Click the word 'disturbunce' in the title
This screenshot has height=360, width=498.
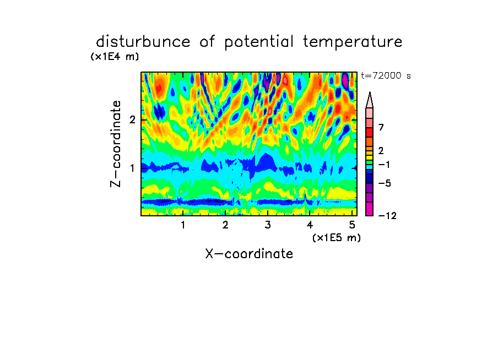point(143,42)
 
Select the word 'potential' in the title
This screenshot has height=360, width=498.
point(259,42)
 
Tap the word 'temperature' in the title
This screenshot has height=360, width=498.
point(353,42)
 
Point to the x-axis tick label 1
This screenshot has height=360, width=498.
point(183,225)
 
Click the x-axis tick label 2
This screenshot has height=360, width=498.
point(225,225)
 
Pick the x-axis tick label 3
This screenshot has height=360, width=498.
point(268,225)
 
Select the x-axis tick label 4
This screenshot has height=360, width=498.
point(310,225)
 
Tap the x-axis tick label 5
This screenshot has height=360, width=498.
point(352,225)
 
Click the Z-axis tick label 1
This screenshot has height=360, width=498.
point(132,168)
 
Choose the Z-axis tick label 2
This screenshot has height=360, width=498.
point(132,119)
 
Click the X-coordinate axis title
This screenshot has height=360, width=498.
point(249,254)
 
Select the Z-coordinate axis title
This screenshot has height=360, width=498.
point(116,144)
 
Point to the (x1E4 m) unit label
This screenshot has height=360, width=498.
point(115,57)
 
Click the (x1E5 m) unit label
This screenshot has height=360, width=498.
point(337,238)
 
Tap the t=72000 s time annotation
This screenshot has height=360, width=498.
point(386,75)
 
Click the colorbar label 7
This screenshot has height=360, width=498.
point(381,127)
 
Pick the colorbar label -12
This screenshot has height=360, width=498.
point(387,216)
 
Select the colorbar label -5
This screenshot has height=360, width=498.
point(385,183)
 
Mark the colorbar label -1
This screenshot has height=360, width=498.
point(384,165)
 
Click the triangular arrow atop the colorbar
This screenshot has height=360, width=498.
point(370,100)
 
